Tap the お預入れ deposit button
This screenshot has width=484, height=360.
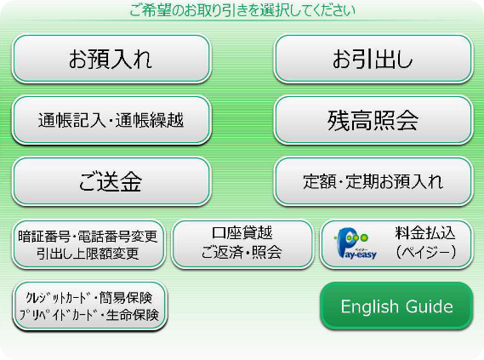coord(111,59)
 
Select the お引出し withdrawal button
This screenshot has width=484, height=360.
coord(373,59)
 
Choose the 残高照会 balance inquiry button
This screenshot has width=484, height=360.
coord(373,120)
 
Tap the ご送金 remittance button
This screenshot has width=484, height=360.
coord(111,181)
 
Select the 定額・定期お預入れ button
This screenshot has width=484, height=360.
coord(373,181)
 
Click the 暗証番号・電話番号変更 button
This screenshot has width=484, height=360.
coord(88,244)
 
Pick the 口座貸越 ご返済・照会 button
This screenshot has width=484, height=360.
coord(242,244)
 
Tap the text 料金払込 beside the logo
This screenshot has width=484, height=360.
coord(425,233)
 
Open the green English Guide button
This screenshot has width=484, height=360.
coord(396,306)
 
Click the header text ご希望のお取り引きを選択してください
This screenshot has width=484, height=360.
coord(242,10)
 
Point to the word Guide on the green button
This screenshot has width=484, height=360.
coord(430,306)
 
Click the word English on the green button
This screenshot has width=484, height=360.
coord(369,307)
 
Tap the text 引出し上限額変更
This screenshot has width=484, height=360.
coord(88,254)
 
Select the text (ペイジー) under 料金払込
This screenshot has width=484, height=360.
coord(426,252)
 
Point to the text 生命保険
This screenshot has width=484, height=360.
coord(132,315)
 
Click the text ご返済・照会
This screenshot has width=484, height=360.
coord(242,252)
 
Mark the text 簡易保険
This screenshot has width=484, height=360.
coord(126,298)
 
